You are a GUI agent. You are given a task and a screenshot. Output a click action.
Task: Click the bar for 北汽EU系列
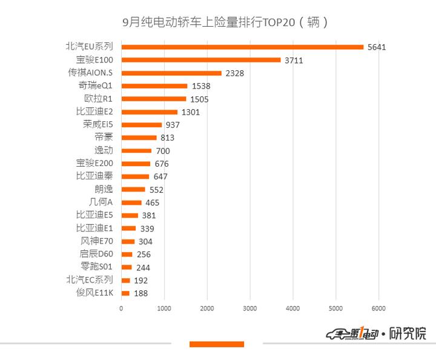(242, 47)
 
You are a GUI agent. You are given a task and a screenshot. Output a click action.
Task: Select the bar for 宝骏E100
(201, 60)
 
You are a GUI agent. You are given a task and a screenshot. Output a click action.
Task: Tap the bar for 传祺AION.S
(171, 73)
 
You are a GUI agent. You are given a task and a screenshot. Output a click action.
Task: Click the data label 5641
(377, 47)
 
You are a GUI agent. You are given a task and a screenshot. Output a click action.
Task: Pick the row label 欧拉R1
(98, 99)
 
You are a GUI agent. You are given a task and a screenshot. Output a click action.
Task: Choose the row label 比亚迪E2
(94, 112)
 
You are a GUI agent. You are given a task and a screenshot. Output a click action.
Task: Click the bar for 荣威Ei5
(142, 125)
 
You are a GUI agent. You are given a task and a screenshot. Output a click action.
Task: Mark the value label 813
(168, 138)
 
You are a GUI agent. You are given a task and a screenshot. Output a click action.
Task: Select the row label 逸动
(104, 150)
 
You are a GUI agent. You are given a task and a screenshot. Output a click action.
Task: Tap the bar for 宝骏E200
(136, 164)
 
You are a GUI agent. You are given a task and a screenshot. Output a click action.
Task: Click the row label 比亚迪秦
(94, 176)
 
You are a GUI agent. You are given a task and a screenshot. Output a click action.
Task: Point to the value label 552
(157, 190)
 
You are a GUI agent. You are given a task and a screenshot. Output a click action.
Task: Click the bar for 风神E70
(128, 241)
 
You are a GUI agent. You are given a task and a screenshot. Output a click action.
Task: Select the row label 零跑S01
(97, 267)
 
